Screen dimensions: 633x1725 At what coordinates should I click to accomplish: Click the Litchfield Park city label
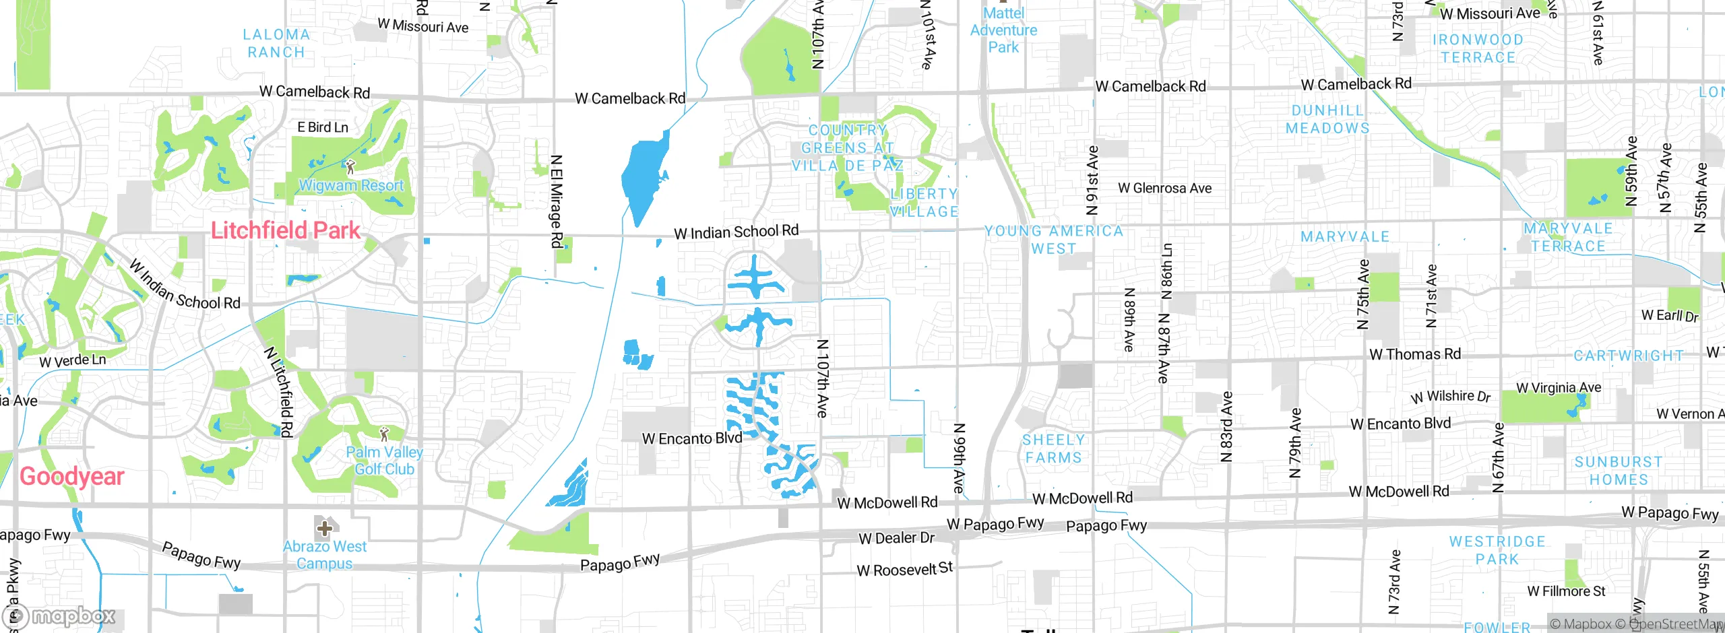(x=286, y=230)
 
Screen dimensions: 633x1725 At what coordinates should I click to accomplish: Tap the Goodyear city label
(x=72, y=476)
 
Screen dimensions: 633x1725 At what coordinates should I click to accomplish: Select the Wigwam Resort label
(x=351, y=185)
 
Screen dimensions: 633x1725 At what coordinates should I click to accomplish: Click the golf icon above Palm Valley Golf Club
(x=384, y=433)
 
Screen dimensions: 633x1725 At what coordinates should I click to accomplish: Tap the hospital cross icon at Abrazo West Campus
(x=324, y=528)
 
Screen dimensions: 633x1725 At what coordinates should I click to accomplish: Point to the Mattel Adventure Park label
(x=1003, y=30)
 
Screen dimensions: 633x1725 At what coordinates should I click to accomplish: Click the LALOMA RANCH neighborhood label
(x=276, y=43)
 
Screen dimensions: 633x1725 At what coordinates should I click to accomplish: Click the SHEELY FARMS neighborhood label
(x=1053, y=448)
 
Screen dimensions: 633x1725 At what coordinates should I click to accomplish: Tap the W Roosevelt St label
(x=904, y=570)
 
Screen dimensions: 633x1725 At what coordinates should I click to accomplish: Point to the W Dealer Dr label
(x=896, y=538)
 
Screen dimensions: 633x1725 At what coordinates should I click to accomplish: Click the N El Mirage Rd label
(x=556, y=201)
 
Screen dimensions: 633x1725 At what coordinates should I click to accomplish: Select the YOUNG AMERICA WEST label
(x=1054, y=240)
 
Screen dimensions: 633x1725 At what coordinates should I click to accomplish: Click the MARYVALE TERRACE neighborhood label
(x=1568, y=237)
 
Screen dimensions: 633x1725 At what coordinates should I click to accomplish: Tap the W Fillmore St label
(x=1566, y=591)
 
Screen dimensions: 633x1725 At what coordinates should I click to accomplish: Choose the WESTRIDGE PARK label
(x=1497, y=550)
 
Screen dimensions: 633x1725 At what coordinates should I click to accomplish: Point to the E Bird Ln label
(x=323, y=127)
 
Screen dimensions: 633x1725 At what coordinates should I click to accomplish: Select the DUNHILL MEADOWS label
(x=1327, y=119)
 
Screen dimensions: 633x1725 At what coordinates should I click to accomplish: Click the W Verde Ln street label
(x=72, y=361)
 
